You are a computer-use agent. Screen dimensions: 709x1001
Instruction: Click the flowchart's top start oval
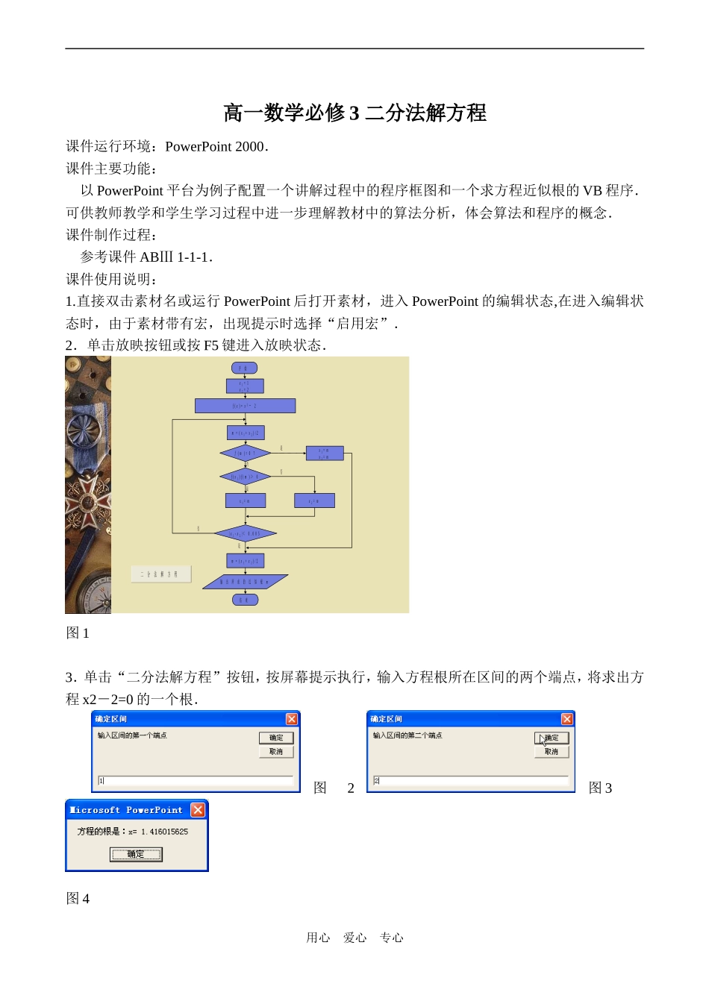[x=245, y=368]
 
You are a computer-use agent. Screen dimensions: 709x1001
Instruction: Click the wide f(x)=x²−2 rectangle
[x=245, y=406]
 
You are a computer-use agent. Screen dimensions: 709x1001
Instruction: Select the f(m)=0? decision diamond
[x=245, y=453]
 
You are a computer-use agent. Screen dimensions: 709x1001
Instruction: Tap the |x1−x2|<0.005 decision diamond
[x=245, y=533]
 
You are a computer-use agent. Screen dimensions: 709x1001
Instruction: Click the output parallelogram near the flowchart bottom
[x=245, y=582]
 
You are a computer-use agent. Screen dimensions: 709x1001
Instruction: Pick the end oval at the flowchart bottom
[x=245, y=600]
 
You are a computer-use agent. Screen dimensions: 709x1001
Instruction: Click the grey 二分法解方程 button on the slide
[x=160, y=574]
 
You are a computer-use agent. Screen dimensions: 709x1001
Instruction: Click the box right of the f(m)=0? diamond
[x=325, y=453]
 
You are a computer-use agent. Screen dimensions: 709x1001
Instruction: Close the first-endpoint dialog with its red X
[x=292, y=719]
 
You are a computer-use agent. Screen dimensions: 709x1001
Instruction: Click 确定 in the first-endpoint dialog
[x=276, y=738]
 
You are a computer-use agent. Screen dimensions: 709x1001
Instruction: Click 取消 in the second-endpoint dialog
[x=552, y=752]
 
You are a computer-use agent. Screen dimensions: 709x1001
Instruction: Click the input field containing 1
[x=194, y=780]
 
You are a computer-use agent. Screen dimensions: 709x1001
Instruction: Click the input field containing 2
[x=470, y=780]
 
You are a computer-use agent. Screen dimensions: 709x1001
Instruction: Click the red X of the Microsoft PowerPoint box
[x=198, y=810]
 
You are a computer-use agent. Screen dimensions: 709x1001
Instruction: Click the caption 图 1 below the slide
[x=78, y=633]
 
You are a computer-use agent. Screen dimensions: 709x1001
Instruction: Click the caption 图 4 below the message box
[x=78, y=899]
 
